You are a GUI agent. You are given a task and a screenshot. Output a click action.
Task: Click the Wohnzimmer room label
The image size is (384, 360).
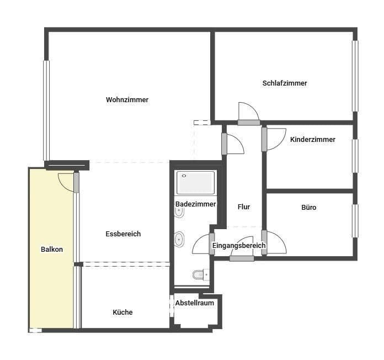(x=127, y=100)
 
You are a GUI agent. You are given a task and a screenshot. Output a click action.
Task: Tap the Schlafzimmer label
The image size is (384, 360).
(x=285, y=83)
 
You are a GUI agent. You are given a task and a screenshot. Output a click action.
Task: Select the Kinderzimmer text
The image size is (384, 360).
(x=312, y=140)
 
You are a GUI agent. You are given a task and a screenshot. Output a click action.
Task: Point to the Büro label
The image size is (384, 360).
(x=309, y=208)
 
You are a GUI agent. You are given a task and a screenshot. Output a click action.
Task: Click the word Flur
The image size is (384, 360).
(x=244, y=207)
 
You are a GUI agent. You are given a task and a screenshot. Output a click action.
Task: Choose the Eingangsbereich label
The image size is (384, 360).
(x=239, y=246)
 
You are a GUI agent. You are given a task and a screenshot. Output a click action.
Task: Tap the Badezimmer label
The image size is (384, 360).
(x=195, y=204)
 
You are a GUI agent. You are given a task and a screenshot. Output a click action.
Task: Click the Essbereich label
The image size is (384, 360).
(x=123, y=234)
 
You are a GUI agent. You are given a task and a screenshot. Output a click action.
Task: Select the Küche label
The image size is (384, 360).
(x=122, y=313)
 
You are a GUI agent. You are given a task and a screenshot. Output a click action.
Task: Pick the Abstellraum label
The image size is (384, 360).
(x=194, y=303)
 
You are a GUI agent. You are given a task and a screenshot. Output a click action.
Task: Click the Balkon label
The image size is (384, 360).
(x=52, y=250)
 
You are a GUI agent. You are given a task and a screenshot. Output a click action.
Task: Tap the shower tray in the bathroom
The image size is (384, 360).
(x=195, y=183)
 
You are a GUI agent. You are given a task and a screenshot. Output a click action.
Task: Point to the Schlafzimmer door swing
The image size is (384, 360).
(x=247, y=112)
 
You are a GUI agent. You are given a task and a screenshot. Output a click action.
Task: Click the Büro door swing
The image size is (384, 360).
(x=276, y=242)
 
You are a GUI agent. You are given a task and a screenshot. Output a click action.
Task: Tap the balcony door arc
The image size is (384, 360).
(x=66, y=181)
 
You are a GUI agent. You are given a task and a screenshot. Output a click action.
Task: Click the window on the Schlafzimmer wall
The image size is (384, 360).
(x=355, y=76)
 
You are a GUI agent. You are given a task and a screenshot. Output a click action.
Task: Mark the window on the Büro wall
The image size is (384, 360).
(x=355, y=220)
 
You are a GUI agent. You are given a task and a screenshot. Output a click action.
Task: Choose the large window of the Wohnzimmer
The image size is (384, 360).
(x=46, y=110)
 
